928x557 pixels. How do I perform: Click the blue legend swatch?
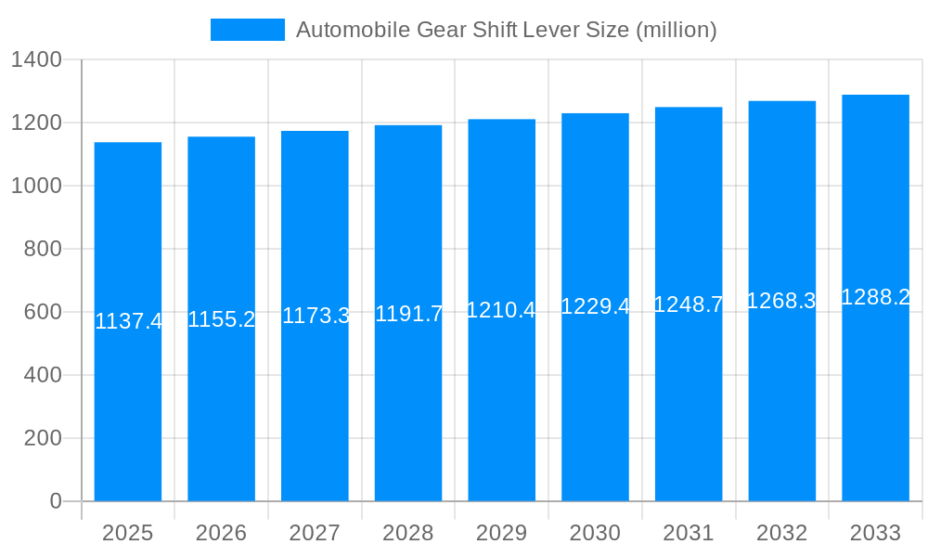pos(247,30)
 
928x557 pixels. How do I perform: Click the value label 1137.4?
pos(128,322)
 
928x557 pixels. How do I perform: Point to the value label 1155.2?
pos(221,319)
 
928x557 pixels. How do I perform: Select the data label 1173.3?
pos(316,316)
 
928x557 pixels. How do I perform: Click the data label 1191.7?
pos(408,314)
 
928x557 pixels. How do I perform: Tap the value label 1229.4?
pos(595,306)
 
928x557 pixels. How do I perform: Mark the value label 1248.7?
pos(689,304)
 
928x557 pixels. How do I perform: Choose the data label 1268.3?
pos(781,301)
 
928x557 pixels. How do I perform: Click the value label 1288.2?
pos(875,297)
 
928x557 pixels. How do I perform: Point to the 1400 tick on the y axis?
pos(36,60)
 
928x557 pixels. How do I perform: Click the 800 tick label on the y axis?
pos(43,249)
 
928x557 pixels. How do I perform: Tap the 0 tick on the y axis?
pos(55,501)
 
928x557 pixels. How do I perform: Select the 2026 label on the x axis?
pos(221,533)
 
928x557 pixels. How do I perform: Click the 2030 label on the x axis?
pos(595,533)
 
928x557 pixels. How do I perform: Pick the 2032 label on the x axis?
pos(781,533)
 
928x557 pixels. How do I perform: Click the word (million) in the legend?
pos(676,30)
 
